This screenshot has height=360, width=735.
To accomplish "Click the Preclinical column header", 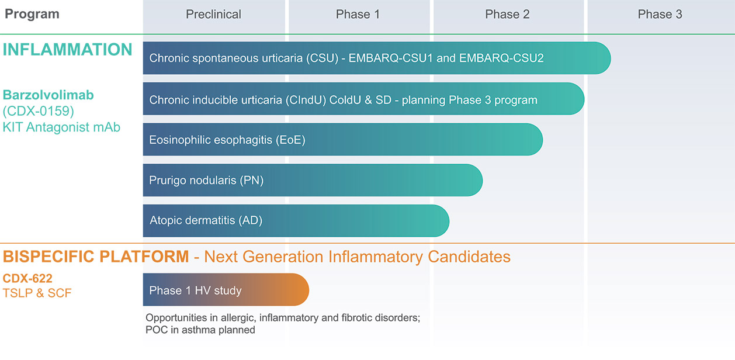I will [213, 15].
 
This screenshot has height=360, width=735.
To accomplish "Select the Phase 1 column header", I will [358, 15].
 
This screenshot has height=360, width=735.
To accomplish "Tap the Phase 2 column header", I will [507, 15].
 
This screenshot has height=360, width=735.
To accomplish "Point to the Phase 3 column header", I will [660, 15].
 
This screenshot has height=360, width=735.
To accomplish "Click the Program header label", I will [32, 14].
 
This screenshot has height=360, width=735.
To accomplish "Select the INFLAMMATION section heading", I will [68, 50].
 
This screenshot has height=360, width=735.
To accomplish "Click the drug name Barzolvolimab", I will [48, 95].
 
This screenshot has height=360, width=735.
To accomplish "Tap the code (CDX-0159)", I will [39, 110].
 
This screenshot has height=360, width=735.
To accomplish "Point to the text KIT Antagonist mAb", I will [61, 126].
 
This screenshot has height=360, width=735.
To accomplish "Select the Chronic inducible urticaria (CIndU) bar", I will [363, 99].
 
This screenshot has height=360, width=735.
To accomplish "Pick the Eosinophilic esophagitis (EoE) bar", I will [342, 140].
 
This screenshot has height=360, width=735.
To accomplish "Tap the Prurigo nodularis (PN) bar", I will [313, 181].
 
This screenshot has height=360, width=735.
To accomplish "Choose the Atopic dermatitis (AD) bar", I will [296, 221].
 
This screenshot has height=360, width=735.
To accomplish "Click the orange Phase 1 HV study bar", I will [226, 290].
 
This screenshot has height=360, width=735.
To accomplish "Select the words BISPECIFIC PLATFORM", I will [96, 257].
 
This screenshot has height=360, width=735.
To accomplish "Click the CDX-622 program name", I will [27, 279].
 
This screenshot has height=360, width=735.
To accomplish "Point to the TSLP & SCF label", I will [37, 293].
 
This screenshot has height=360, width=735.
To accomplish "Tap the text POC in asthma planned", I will [200, 330].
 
